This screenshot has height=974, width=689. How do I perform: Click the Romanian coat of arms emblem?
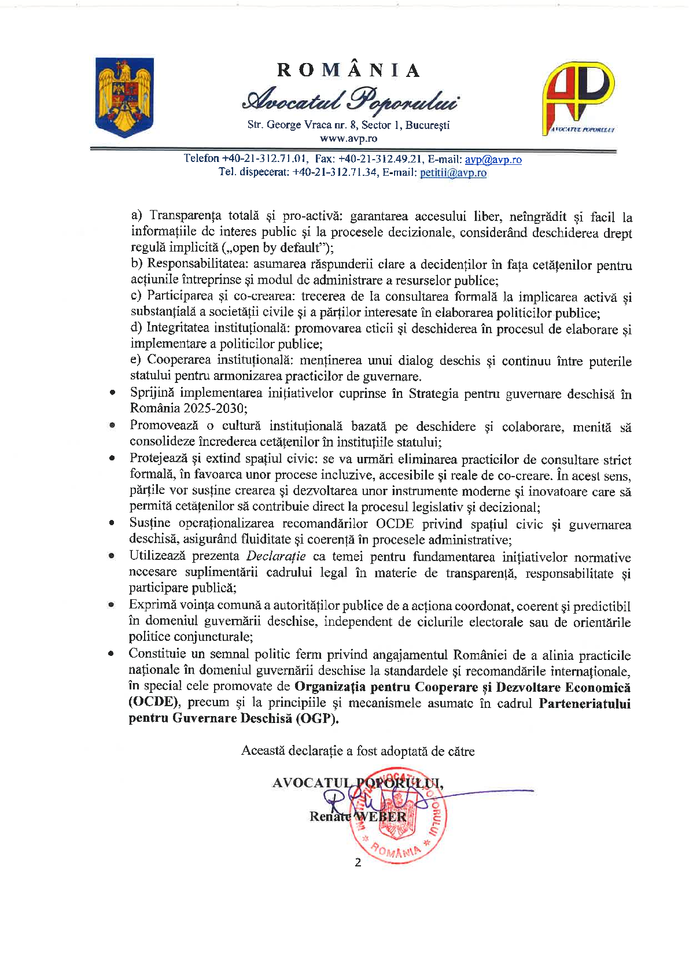(x=123, y=97)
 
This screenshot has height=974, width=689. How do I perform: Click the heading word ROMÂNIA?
(x=349, y=71)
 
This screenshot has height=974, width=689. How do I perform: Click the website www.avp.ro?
(x=348, y=139)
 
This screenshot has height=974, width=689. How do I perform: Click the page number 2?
(x=358, y=862)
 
